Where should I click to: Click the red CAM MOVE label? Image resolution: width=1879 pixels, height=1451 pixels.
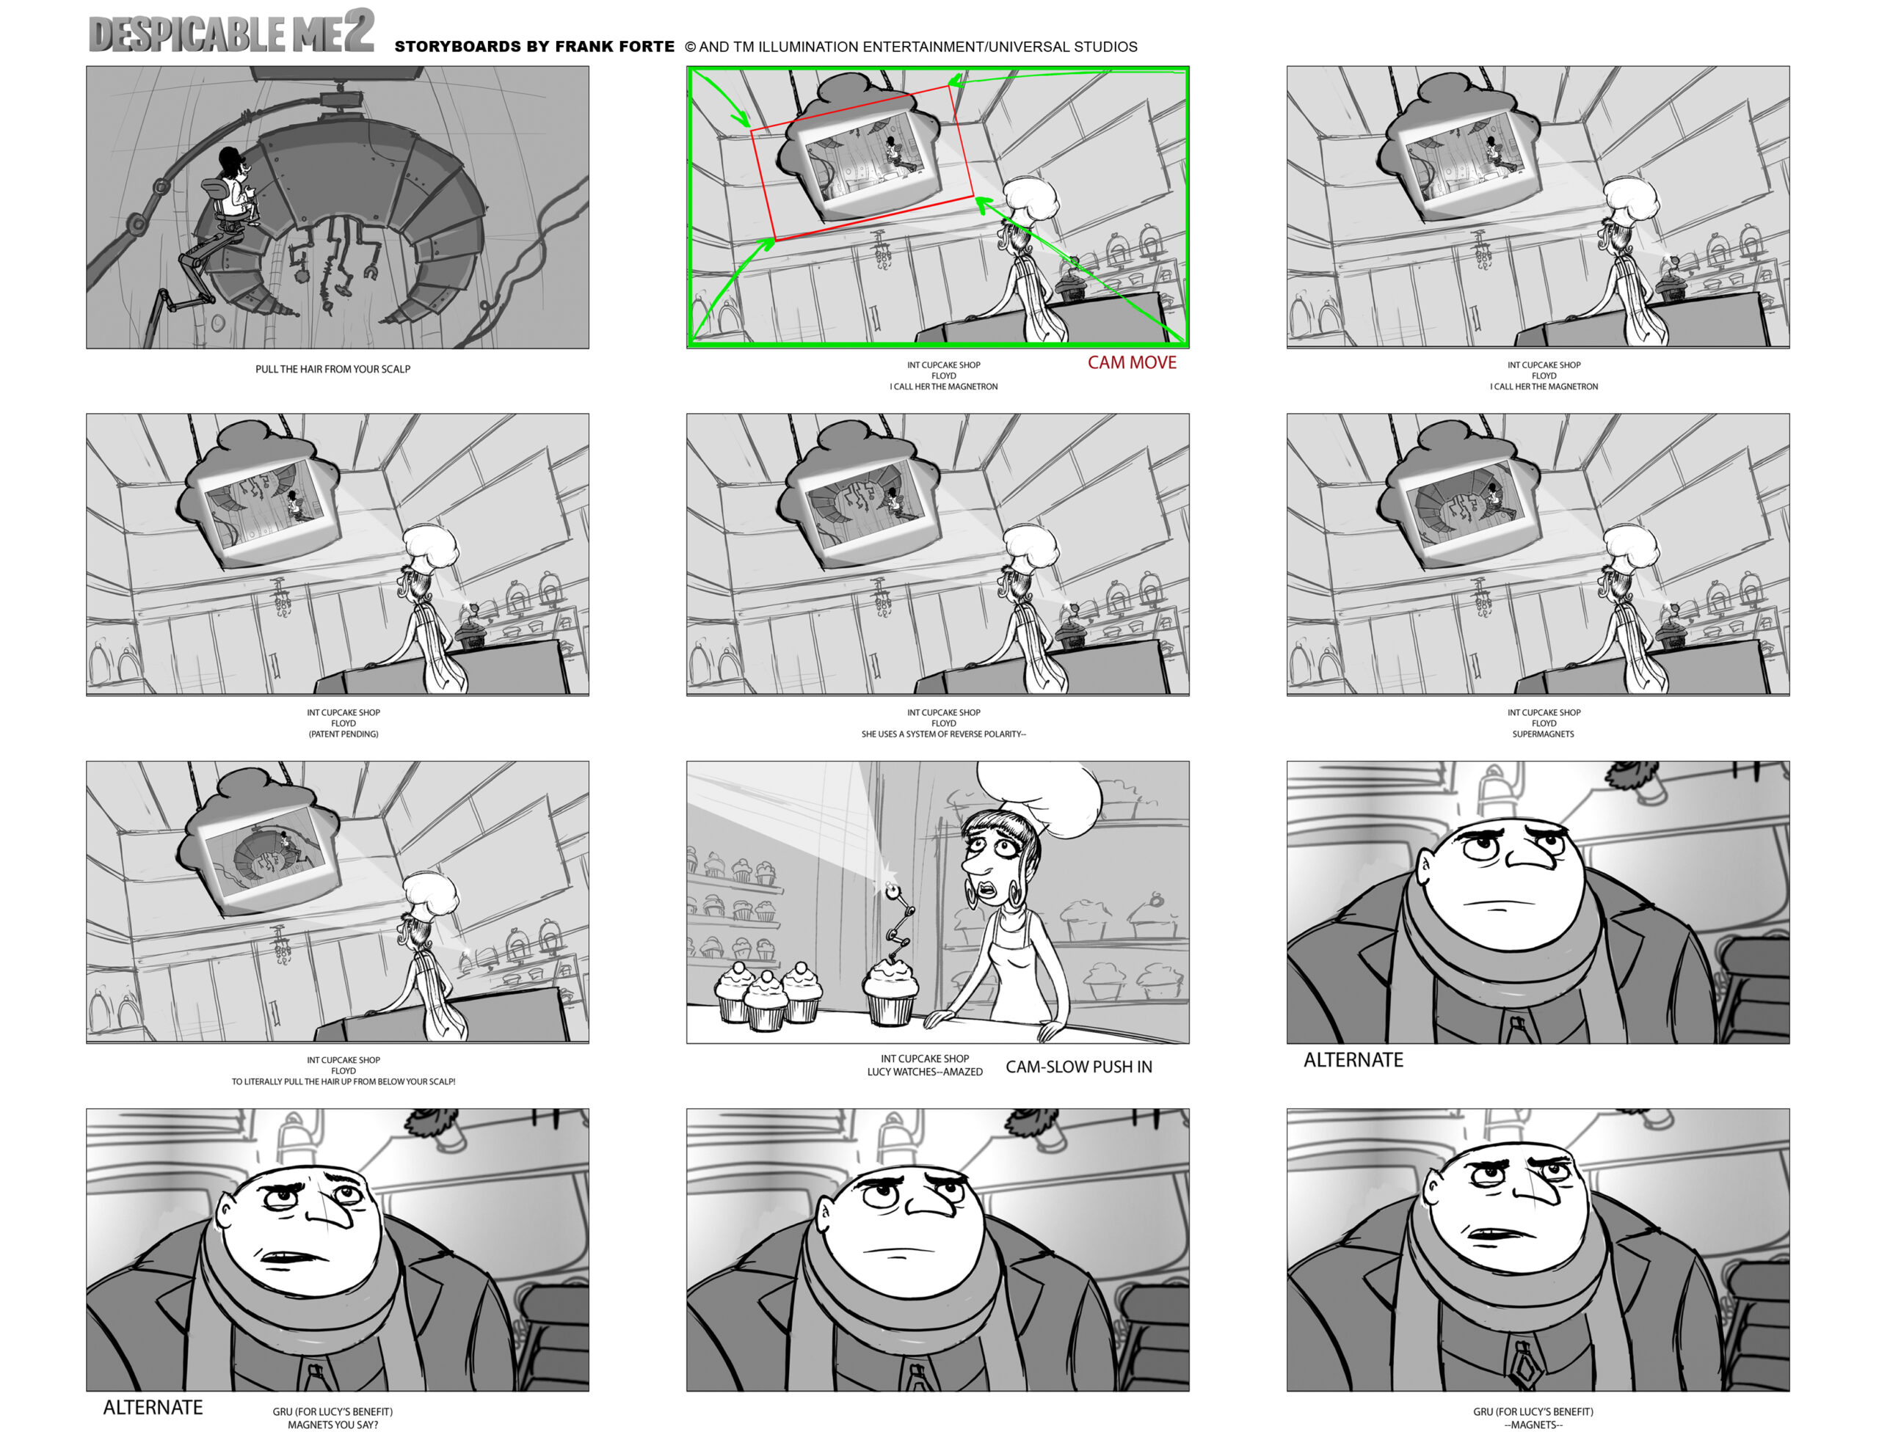coord(1131,363)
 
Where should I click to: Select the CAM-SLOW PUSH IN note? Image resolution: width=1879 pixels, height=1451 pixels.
coord(1078,1067)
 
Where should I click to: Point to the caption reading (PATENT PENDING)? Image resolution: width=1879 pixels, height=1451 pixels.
coord(344,734)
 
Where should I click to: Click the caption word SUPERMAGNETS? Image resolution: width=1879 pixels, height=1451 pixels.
coord(1543,734)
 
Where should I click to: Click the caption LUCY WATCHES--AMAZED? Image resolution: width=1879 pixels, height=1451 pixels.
coord(924,1072)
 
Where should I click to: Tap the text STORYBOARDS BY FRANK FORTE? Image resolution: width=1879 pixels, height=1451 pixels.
coord(534,46)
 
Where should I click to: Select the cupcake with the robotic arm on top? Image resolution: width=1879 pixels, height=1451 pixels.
coord(891,989)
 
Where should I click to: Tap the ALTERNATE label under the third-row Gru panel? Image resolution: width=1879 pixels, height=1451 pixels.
coord(1353,1060)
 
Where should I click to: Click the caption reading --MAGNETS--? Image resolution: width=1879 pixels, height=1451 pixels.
coord(1533,1425)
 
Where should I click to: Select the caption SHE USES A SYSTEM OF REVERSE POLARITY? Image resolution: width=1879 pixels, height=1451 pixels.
coord(943,734)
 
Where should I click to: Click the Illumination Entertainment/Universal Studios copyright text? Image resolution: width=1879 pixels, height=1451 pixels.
coord(911,46)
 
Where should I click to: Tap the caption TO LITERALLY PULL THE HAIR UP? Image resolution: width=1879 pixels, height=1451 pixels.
coord(343,1081)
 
